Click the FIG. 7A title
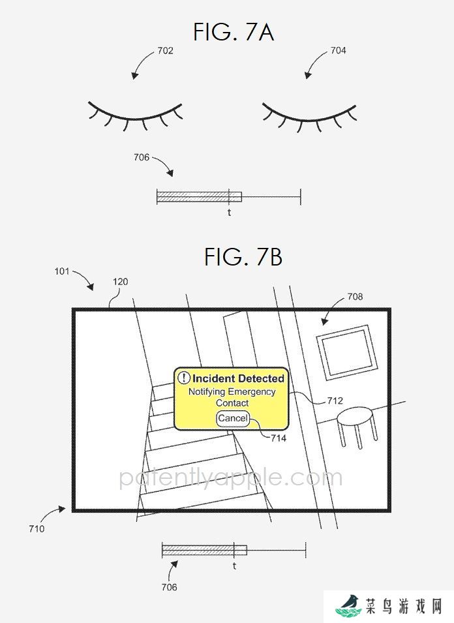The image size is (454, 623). pos(234,32)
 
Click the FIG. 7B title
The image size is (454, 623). pos(243,256)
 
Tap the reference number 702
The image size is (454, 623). pos(165,50)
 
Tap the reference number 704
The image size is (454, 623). pos(338,50)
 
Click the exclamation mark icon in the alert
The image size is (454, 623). pos(183,378)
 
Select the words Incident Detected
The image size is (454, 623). pos(238,378)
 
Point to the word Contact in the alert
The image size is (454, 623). pos(232,403)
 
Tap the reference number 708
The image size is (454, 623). pos(355,296)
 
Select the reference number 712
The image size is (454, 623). pos(335,401)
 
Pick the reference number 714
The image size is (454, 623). pos(279,438)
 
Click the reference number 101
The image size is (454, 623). pos(62,271)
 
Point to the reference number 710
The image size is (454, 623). pos(37,529)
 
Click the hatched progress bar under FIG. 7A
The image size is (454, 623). pos(200,196)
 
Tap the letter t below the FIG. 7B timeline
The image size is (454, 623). pos(234,566)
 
